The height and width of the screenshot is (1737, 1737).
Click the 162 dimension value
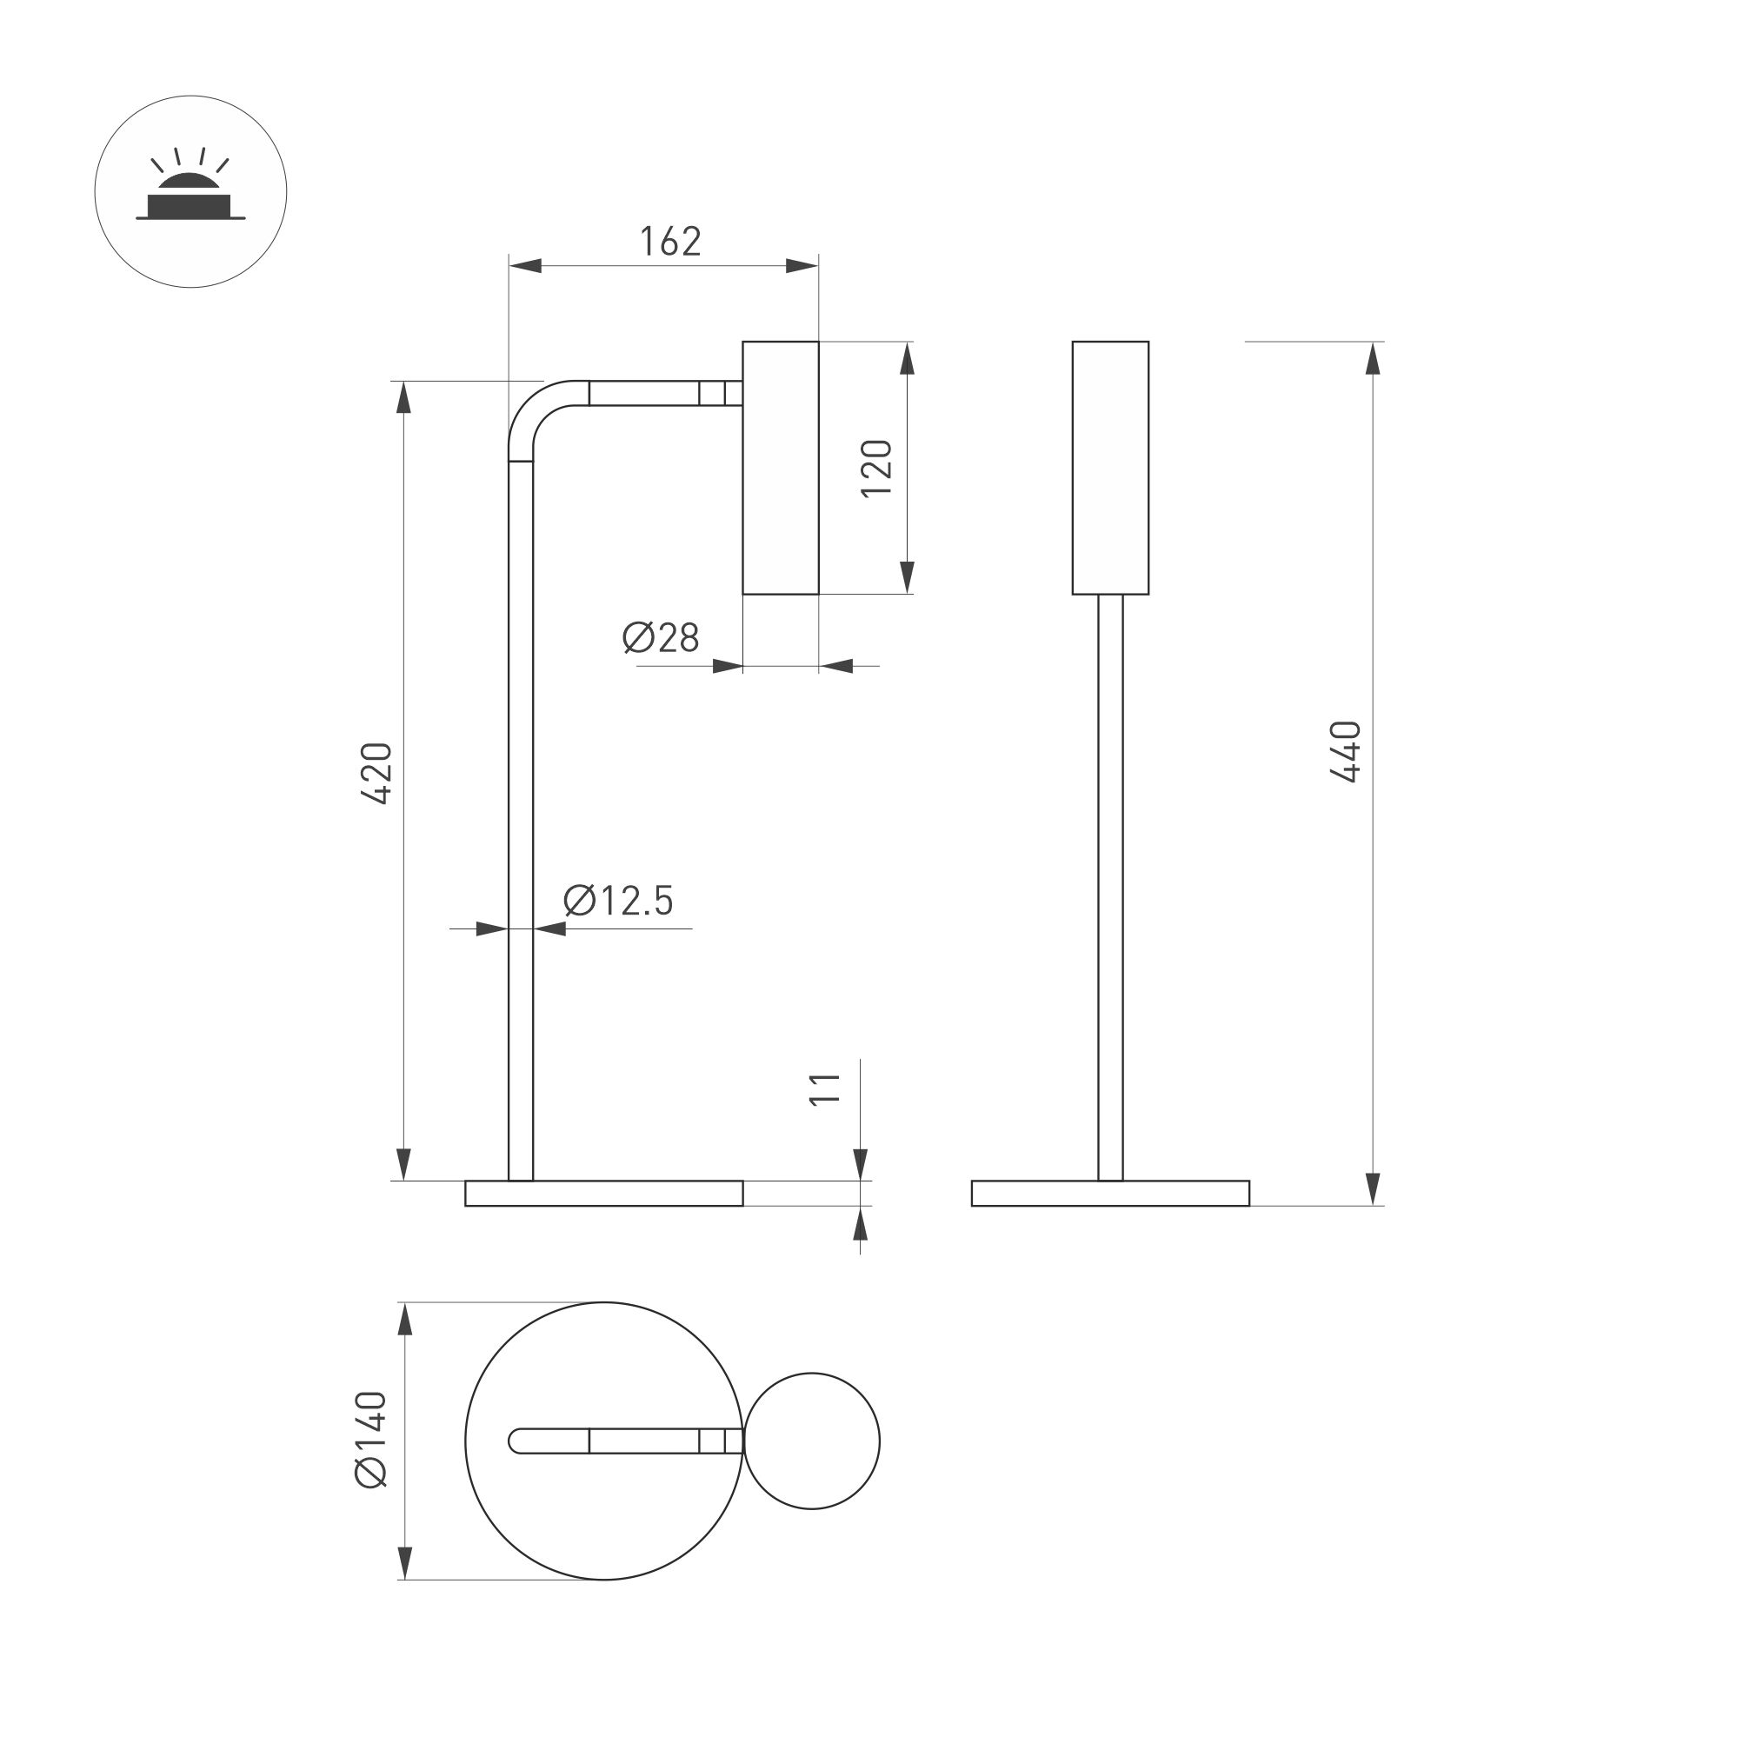coord(669,242)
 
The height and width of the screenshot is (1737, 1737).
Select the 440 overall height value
coord(1346,752)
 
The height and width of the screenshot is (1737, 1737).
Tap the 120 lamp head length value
coord(876,468)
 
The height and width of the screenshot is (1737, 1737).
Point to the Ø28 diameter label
coord(661,637)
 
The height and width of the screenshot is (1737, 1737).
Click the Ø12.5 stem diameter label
coord(619,900)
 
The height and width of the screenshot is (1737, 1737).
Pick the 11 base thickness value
coord(824,1088)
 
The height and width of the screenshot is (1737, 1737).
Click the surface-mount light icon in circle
coord(190,191)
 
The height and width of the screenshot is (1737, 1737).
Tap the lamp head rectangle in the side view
coord(781,468)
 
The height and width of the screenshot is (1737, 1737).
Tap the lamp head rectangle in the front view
coord(1110,468)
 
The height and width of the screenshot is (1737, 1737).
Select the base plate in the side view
coord(604,1193)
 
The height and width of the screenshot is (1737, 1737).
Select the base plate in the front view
coord(1110,1193)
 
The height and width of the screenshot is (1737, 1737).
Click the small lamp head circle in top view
coord(812,1441)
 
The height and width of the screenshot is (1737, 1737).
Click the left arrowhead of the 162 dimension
coord(527,265)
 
